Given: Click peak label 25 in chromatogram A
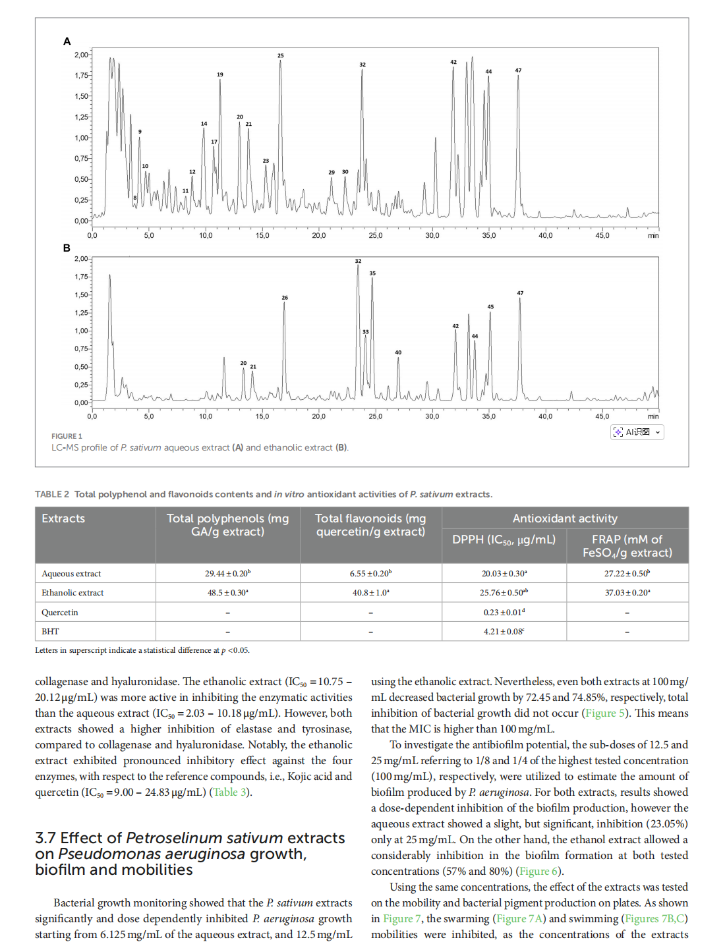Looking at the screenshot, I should [281, 56].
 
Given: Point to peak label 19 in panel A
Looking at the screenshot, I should [220, 75].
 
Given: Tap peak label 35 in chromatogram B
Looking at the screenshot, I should [372, 273].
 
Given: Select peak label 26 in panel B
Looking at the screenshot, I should [285, 298].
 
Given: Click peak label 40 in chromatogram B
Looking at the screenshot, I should [398, 352].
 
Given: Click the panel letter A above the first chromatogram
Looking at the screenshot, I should [67, 42].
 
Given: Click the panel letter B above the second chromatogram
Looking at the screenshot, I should [67, 248].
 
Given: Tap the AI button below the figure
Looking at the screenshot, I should [637, 432].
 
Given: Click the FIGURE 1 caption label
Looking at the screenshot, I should [67, 436].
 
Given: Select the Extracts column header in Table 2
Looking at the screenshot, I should [63, 518].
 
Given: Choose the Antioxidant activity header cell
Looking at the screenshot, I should [565, 518].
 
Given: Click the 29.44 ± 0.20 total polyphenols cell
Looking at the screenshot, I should [227, 574].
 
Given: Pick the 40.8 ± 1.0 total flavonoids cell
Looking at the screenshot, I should [370, 593].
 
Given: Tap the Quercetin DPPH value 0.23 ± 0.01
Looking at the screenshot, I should [504, 612].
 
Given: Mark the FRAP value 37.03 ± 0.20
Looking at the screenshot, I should [627, 593].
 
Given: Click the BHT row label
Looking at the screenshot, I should [50, 631].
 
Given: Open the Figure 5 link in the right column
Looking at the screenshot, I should [600, 713].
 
